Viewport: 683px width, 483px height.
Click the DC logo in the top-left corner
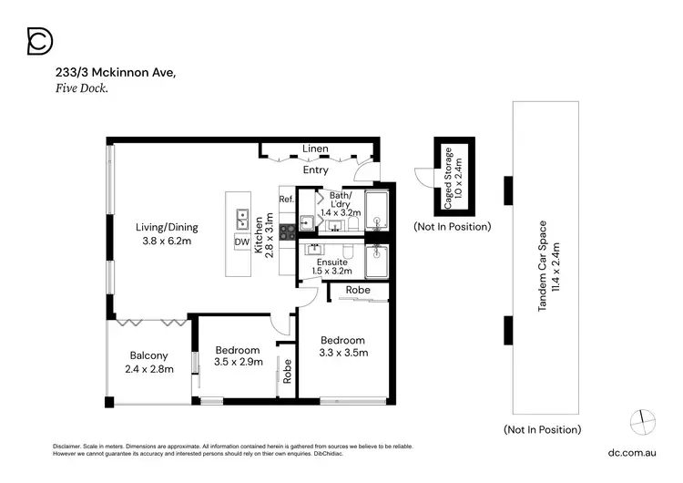coord(39,40)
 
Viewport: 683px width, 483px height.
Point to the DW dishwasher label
coord(242,241)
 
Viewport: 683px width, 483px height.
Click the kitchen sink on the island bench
coord(243,220)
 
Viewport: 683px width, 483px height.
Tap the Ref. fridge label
coord(286,200)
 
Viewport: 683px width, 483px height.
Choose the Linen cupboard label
coord(316,149)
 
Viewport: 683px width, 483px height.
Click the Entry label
coord(316,170)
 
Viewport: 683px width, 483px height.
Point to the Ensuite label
coord(331,262)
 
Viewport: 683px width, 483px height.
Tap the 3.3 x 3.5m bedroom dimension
coord(341,353)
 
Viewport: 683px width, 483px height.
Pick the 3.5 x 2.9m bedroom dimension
coord(238,362)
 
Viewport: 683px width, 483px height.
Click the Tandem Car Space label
coord(542,266)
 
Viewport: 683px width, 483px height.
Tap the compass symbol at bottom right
coord(642,420)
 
